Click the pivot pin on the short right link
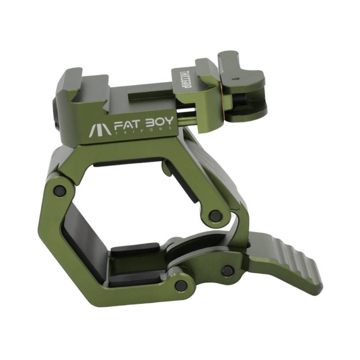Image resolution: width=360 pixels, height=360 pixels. [216, 216]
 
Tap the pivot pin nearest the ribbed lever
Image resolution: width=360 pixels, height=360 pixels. [227, 271]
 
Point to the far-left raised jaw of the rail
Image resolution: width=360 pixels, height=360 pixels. [70, 83]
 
